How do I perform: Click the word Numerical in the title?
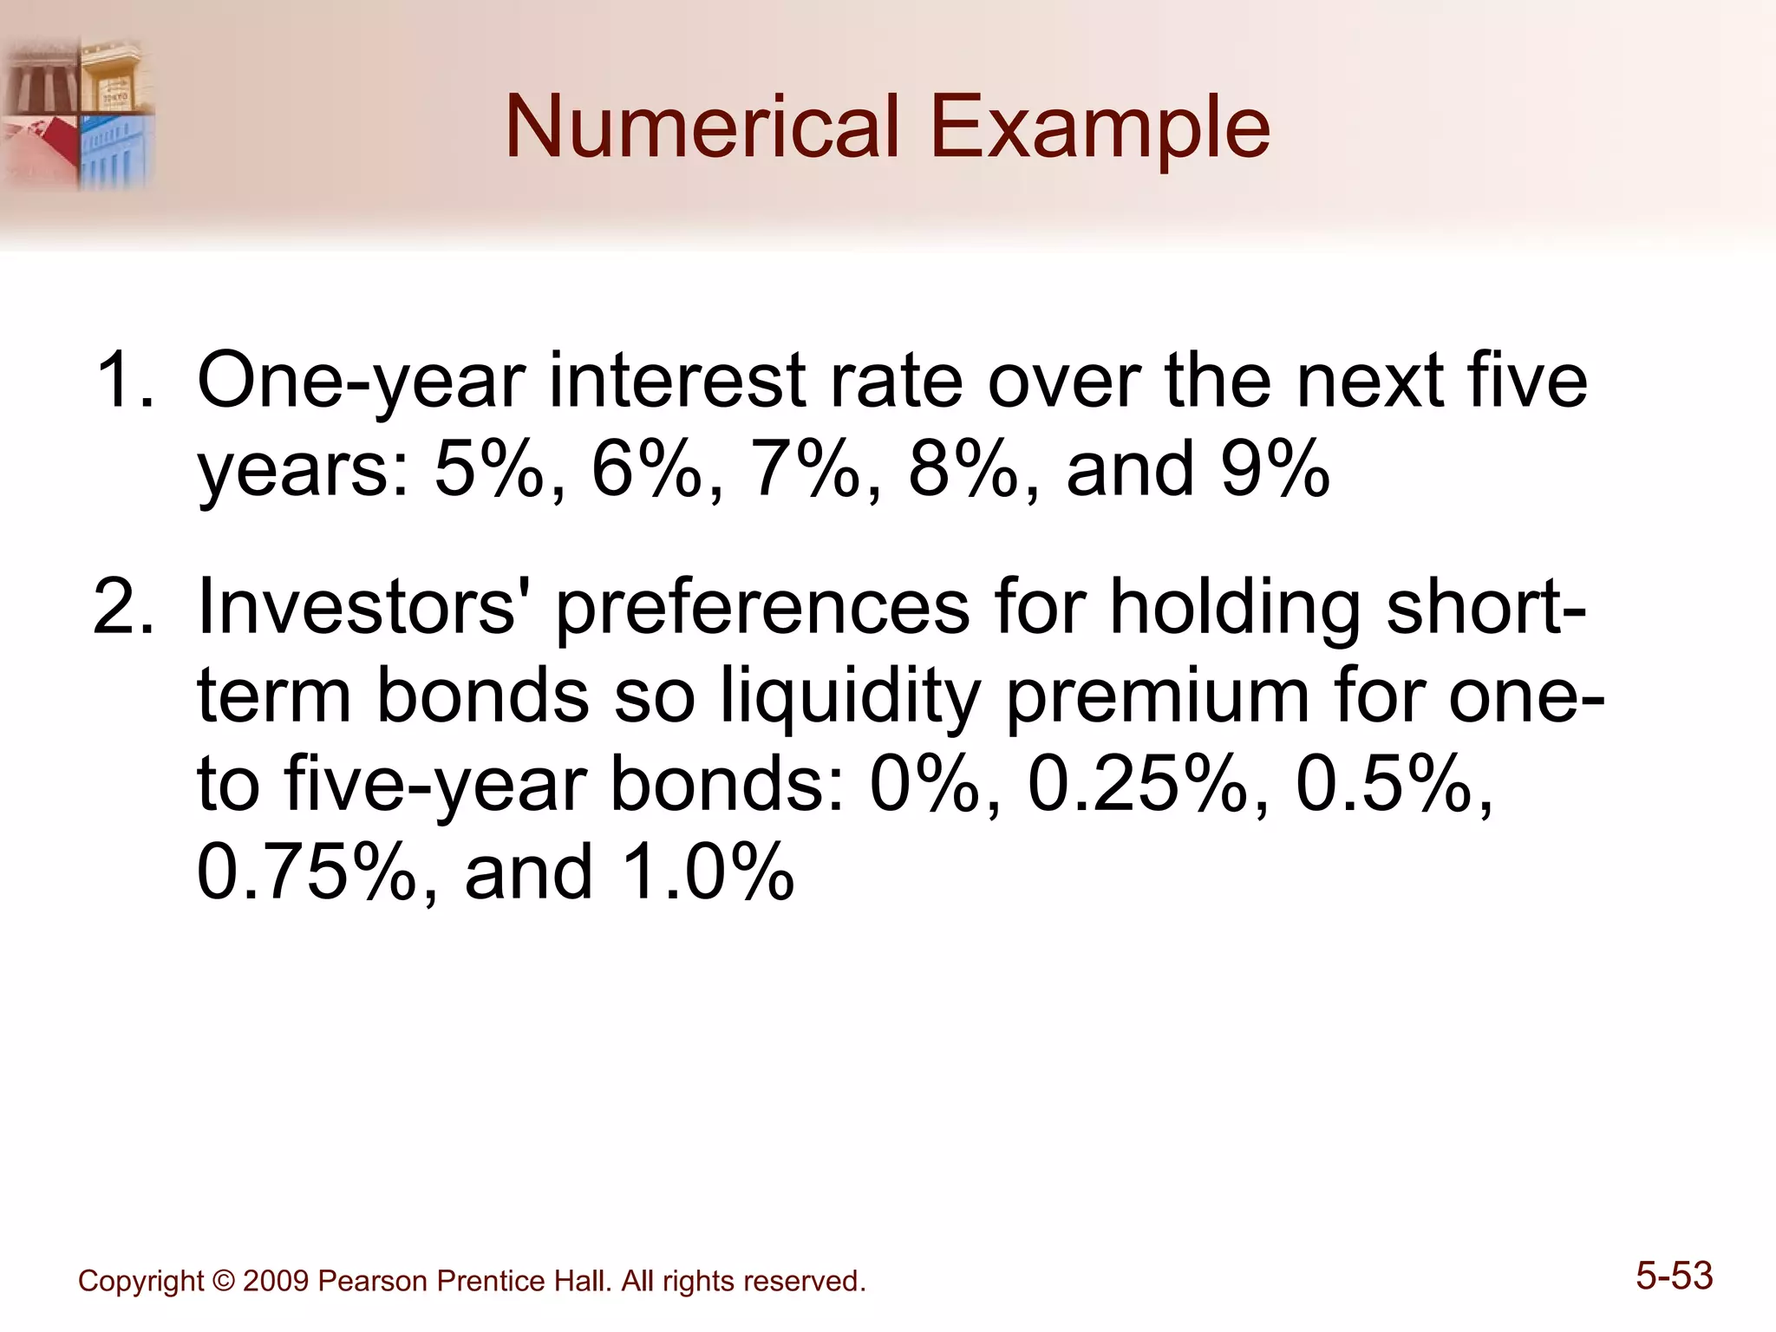point(702,127)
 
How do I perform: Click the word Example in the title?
point(1100,127)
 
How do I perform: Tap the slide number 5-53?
point(1674,1276)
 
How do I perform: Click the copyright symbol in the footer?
point(224,1281)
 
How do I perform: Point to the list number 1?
point(124,380)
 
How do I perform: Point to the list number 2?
point(124,607)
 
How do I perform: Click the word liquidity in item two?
point(851,697)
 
